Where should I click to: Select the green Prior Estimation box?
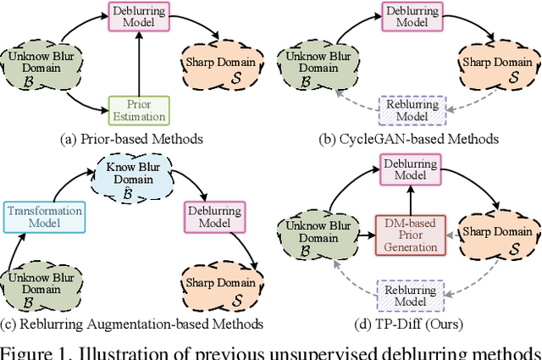pos(139,109)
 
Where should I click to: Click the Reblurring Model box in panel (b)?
pos(412,109)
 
